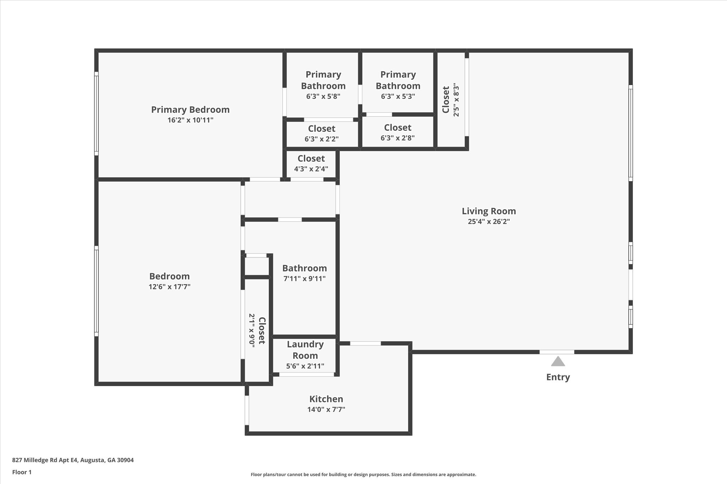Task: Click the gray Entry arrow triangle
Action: click(x=558, y=362)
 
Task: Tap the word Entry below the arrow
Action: click(x=558, y=377)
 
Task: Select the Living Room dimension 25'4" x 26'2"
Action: click(x=488, y=222)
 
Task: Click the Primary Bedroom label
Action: click(x=190, y=110)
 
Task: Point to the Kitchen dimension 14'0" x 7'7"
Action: click(x=326, y=410)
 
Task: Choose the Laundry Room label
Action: click(x=305, y=350)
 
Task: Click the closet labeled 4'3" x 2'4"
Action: click(x=311, y=163)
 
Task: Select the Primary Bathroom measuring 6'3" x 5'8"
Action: click(x=323, y=85)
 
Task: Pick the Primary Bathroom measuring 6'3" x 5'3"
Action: click(x=398, y=85)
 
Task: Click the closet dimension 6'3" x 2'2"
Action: click(x=321, y=139)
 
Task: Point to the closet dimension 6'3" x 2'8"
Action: click(x=397, y=138)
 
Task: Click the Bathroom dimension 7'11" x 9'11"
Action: click(x=304, y=279)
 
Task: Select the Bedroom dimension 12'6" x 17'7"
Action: click(x=169, y=286)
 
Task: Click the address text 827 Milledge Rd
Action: click(x=73, y=460)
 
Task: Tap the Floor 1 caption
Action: click(x=22, y=472)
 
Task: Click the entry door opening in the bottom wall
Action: click(x=557, y=352)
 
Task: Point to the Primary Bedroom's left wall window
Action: click(x=96, y=113)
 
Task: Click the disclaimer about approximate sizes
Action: click(x=363, y=474)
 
